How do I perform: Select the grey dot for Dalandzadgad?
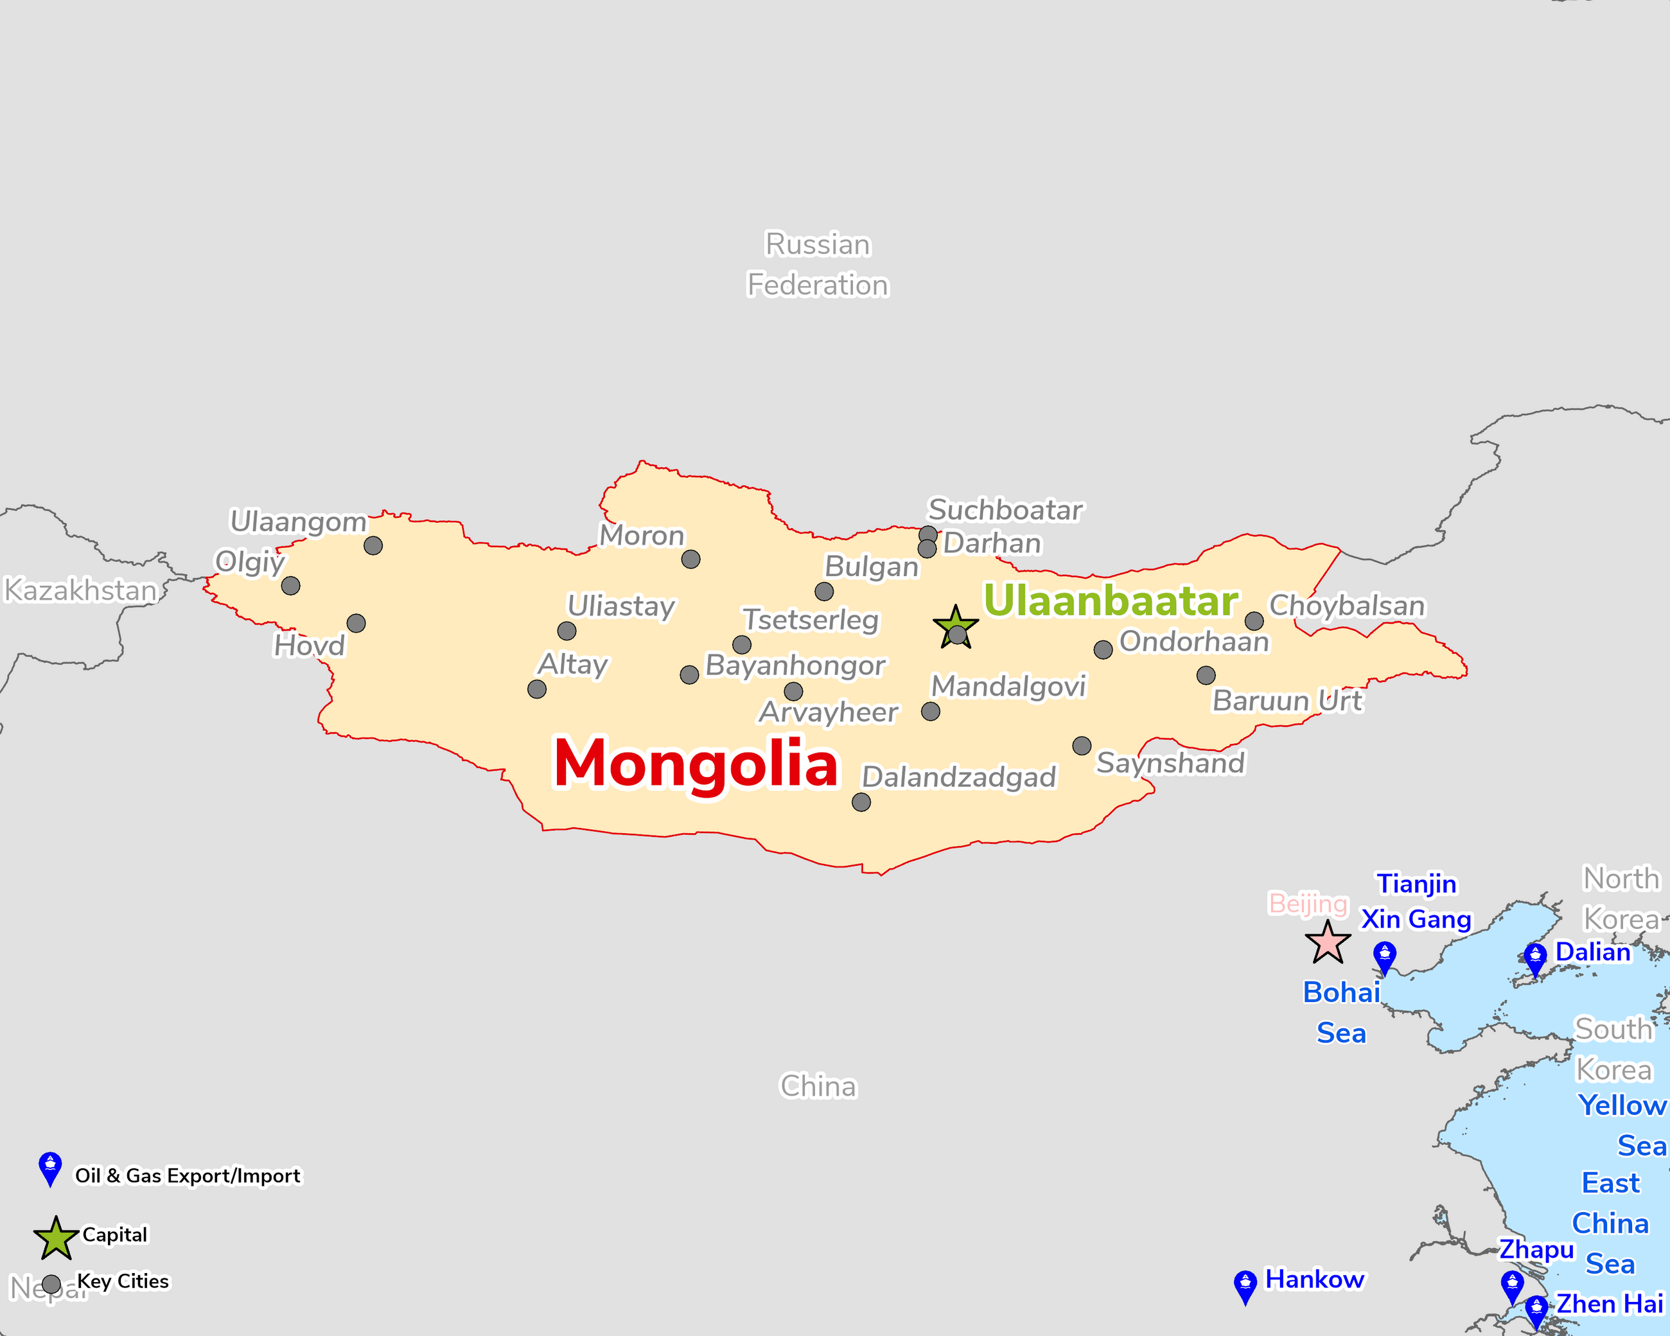[861, 802]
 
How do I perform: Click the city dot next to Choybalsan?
[1254, 621]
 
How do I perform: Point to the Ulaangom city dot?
[373, 546]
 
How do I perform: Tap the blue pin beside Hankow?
[1245, 1285]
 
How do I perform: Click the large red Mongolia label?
[696, 764]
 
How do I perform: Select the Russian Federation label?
[817, 265]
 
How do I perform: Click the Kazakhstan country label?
[80, 590]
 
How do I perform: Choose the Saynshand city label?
[1170, 763]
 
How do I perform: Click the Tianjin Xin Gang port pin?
[1384, 955]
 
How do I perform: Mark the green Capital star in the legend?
[56, 1238]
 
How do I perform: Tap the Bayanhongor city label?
[795, 665]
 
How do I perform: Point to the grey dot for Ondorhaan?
[1103, 650]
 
